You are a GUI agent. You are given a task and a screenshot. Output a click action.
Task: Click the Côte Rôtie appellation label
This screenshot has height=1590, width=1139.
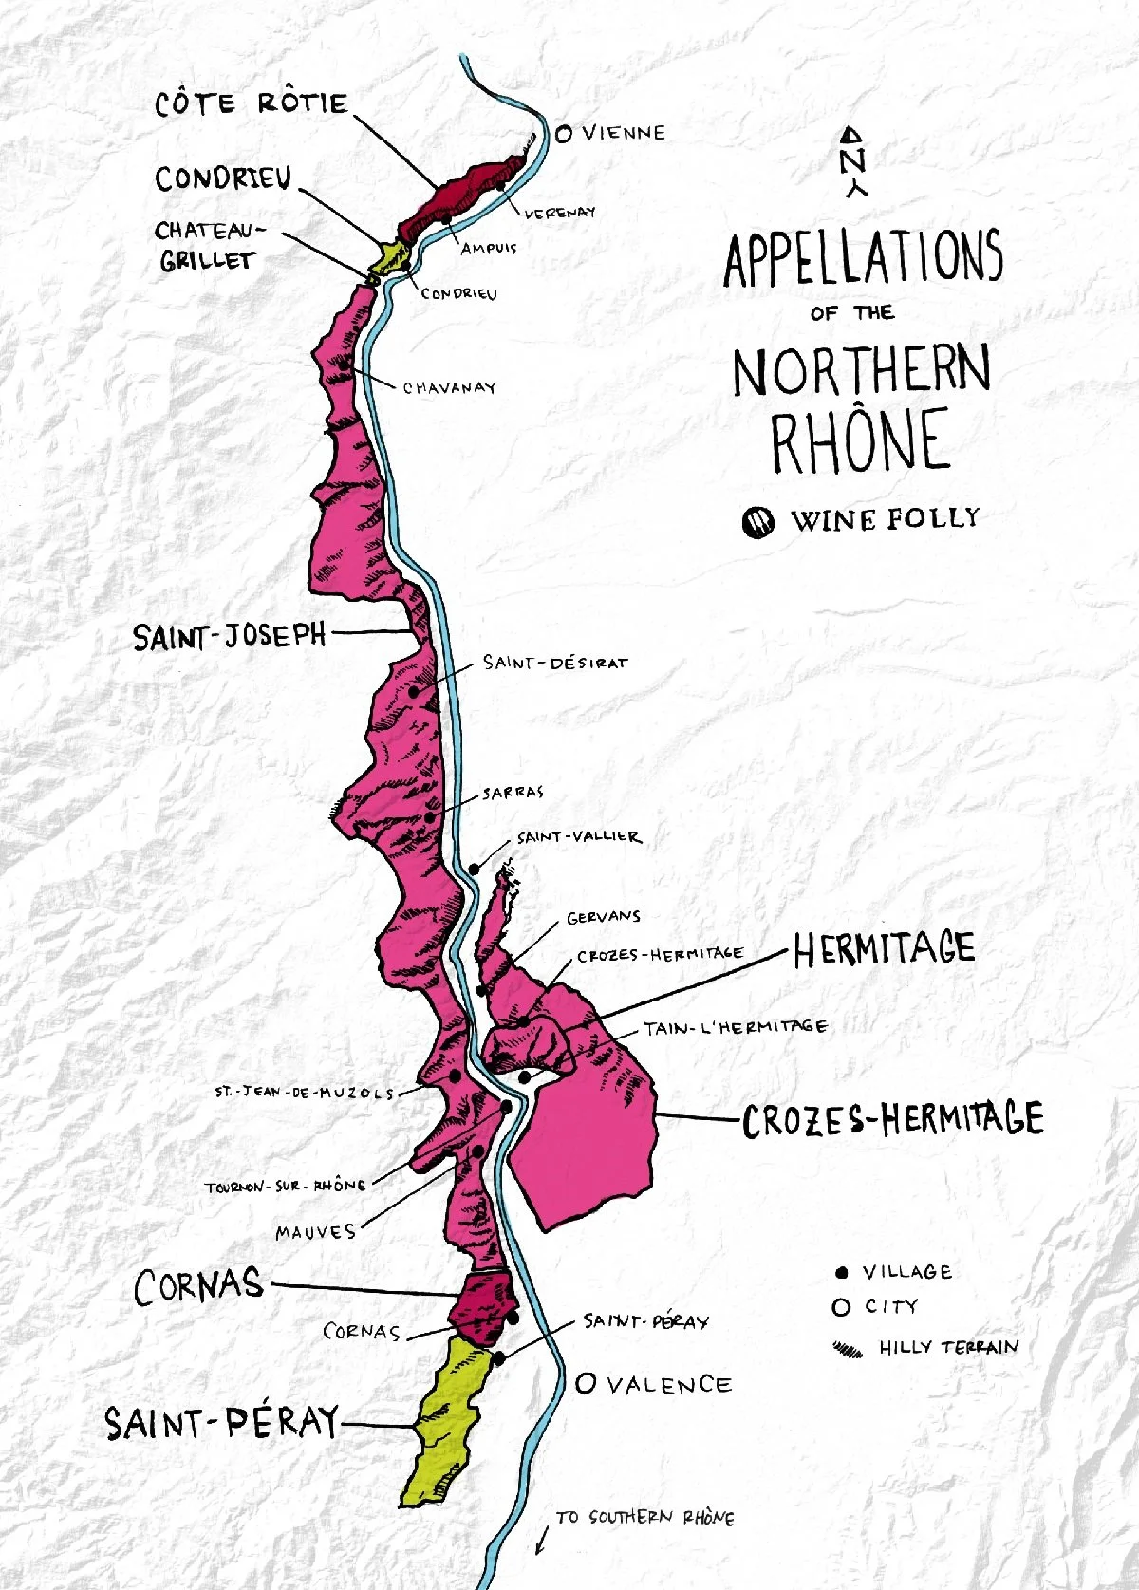pyautogui.click(x=252, y=103)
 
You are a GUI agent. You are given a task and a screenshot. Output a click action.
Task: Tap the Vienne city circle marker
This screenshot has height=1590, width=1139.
pyautogui.click(x=564, y=134)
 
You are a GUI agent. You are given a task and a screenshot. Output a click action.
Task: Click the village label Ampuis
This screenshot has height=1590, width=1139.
pyautogui.click(x=489, y=249)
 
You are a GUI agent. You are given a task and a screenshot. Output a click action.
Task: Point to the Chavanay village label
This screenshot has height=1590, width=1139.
pyautogui.click(x=449, y=387)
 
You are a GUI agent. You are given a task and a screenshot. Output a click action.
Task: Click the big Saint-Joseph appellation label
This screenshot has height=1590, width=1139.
pyautogui.click(x=229, y=635)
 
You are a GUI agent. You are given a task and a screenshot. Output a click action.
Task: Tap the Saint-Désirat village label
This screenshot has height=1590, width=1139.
pyautogui.click(x=554, y=663)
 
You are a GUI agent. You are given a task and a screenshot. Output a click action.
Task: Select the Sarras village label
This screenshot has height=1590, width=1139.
pyautogui.click(x=513, y=793)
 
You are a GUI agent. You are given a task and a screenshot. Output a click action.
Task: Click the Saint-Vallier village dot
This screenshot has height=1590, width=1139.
pyautogui.click(x=474, y=868)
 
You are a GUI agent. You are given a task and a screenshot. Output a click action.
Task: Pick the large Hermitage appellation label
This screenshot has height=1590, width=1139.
pyautogui.click(x=884, y=948)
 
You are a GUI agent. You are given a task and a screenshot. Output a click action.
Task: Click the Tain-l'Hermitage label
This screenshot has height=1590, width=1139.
pyautogui.click(x=735, y=1026)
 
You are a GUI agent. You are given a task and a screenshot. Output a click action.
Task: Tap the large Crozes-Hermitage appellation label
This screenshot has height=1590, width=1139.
pyautogui.click(x=892, y=1120)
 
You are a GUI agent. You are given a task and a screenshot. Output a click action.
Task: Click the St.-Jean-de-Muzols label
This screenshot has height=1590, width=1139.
pyautogui.click(x=304, y=1093)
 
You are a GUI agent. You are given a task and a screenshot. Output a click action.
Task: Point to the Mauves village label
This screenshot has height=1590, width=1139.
pyautogui.click(x=316, y=1232)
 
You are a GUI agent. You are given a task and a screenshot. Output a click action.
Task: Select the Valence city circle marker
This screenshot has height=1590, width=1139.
pyautogui.click(x=586, y=1384)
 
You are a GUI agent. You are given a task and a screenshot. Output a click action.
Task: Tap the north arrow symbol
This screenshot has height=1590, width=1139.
pyautogui.click(x=852, y=161)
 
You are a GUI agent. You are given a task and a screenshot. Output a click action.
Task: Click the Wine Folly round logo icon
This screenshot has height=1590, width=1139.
pyautogui.click(x=757, y=521)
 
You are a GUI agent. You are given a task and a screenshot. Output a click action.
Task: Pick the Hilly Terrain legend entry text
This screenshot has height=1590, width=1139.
pyautogui.click(x=947, y=1347)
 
